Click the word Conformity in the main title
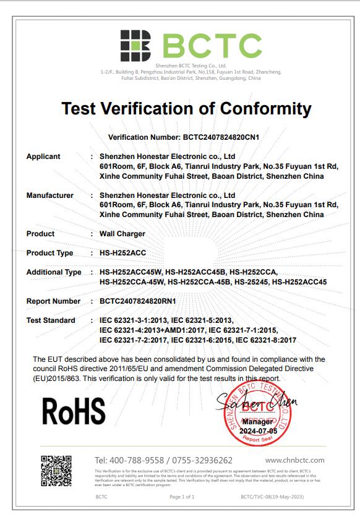pos(258,109)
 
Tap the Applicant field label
pos(43,156)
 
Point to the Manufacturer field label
pos(50,195)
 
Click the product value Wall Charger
pos(122,234)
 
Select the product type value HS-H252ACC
pos(119,253)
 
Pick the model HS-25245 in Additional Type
pos(250,282)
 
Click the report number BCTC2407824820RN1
pos(138,301)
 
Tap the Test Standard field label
pos(51,320)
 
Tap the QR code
pos(56,471)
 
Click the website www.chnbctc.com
pos(294,460)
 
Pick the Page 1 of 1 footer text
pos(182,497)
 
